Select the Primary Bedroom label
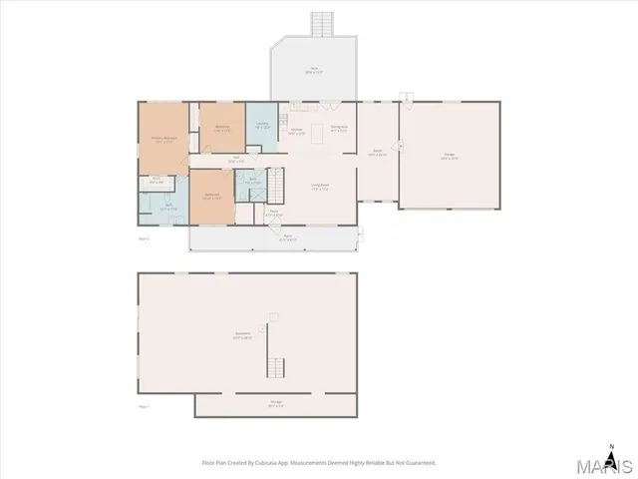(162, 140)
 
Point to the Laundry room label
(262, 126)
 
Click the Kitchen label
(296, 131)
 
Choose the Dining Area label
(339, 127)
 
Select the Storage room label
(275, 403)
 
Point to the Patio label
(288, 238)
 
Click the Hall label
(236, 159)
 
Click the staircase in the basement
(276, 366)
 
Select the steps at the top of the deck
(321, 22)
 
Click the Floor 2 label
(144, 239)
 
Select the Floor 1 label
(144, 406)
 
